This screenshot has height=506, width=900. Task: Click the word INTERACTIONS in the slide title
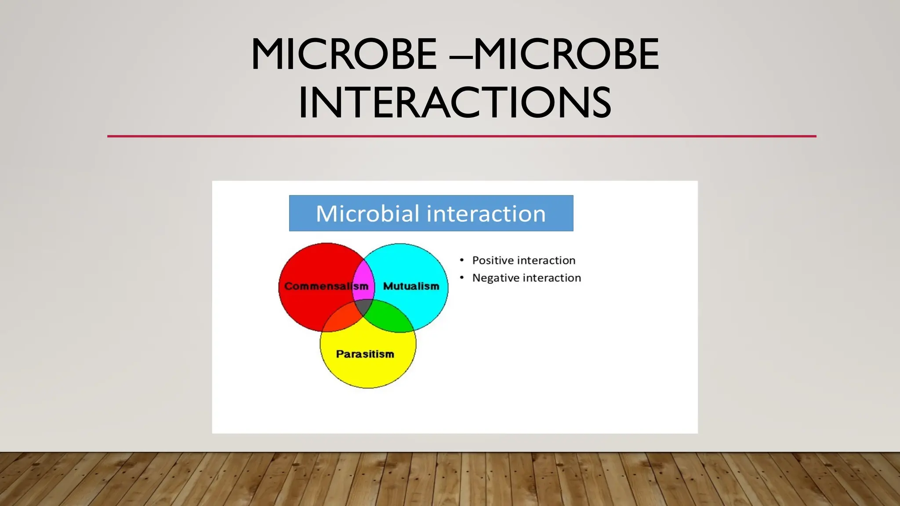click(x=455, y=103)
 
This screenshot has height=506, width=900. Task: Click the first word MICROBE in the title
click(x=344, y=54)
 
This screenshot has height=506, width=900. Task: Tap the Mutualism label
click(x=411, y=286)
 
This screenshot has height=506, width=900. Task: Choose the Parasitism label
click(x=365, y=354)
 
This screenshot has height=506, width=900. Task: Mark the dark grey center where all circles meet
click(x=364, y=307)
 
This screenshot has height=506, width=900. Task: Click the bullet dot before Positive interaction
click(x=461, y=260)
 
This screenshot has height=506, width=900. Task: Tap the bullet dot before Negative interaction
click(x=461, y=278)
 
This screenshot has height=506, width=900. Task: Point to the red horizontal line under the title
click(x=461, y=136)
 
